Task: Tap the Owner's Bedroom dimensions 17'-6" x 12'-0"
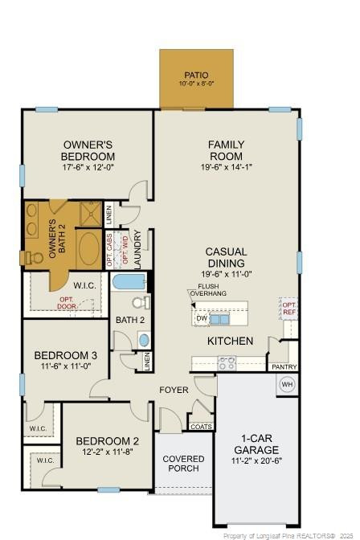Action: [x=88, y=168]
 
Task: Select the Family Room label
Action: [x=227, y=150]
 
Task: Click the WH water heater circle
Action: [x=287, y=384]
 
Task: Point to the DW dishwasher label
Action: [x=201, y=318]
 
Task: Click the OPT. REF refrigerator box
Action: [x=288, y=308]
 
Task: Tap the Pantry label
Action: [x=284, y=367]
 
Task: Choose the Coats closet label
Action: [x=202, y=427]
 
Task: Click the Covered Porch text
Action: [x=183, y=464]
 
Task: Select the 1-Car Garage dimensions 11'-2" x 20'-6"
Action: [x=256, y=460]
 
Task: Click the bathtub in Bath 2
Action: [x=129, y=282]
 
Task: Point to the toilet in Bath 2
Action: [x=141, y=304]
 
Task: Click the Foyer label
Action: [x=174, y=390]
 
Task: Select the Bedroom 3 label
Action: [x=66, y=354]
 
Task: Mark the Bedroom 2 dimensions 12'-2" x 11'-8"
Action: [x=108, y=452]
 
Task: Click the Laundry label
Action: [x=138, y=250]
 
